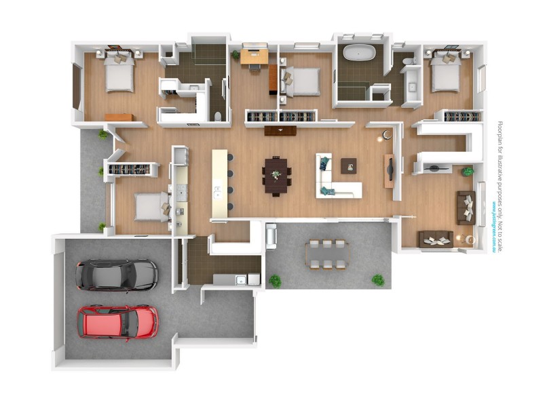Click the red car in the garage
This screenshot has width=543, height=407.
click(x=118, y=321)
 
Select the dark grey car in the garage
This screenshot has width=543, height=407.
click(x=117, y=275)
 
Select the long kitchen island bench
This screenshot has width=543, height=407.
click(x=219, y=183)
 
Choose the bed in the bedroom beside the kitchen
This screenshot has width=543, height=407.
click(x=151, y=207)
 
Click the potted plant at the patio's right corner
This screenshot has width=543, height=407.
click(x=378, y=279)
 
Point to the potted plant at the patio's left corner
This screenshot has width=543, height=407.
click(x=275, y=280)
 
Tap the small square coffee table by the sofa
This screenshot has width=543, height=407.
click(x=349, y=164)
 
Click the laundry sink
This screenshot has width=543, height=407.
click(x=240, y=279)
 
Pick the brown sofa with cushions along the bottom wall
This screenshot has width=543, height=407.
click(x=435, y=238)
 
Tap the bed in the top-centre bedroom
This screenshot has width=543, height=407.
click(x=299, y=81)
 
